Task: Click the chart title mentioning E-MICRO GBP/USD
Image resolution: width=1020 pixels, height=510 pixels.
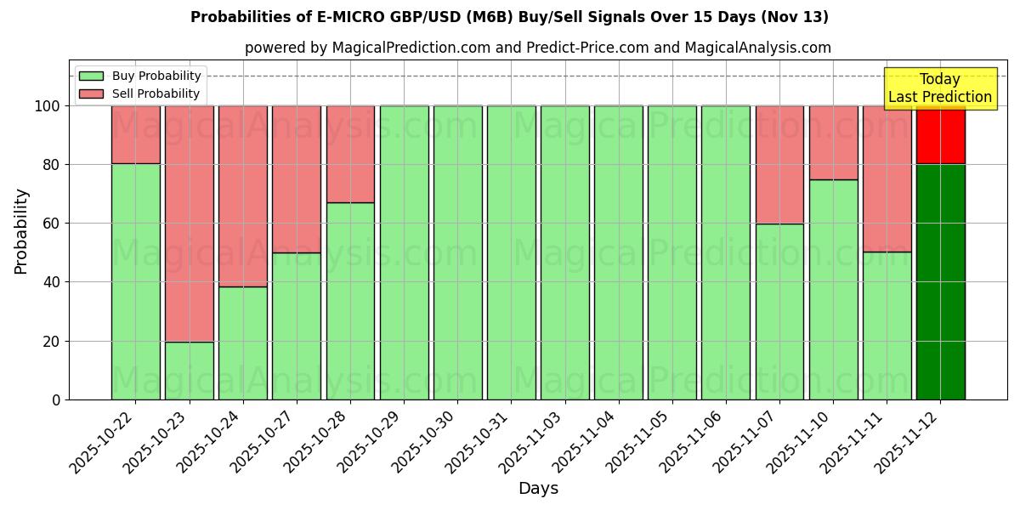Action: tap(509, 17)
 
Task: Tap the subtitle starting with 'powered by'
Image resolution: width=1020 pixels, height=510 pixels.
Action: tap(537, 48)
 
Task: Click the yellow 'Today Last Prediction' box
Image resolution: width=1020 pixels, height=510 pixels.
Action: tap(939, 88)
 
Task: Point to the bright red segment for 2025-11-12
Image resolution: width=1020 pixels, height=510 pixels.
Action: tap(940, 134)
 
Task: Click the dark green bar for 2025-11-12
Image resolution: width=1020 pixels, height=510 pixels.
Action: tap(940, 281)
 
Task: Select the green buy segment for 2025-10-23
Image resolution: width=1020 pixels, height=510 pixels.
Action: tap(189, 371)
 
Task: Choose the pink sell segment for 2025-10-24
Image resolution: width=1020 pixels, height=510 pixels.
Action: tap(243, 195)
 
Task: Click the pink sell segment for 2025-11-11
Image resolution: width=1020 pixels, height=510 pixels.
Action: tap(887, 178)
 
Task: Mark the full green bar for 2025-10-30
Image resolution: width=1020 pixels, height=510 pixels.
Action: tap(457, 252)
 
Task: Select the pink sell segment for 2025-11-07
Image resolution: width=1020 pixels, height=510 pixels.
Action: tap(779, 164)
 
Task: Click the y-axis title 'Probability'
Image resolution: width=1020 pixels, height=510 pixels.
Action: tap(21, 230)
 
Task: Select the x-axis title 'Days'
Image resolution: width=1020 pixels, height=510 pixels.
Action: tap(537, 489)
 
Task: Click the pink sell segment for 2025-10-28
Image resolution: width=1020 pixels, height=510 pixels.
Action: tap(350, 154)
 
